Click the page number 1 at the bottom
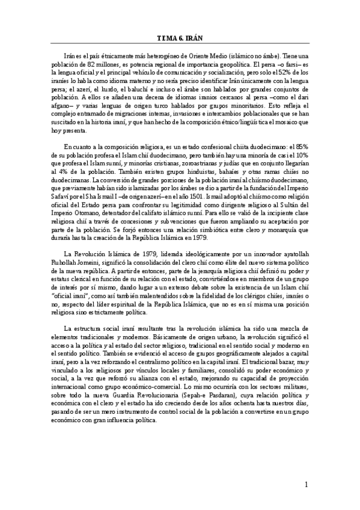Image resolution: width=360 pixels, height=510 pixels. coord(306,484)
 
